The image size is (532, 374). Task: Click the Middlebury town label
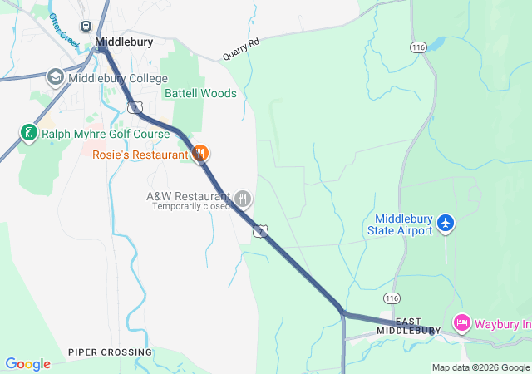[124, 41]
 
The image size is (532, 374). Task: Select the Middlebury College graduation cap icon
[56, 78]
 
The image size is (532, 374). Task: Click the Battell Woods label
[200, 93]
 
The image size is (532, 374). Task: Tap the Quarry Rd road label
[241, 51]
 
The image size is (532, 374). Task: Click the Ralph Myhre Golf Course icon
[28, 133]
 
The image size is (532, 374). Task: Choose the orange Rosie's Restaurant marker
[199, 154]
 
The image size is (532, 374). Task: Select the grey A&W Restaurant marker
[243, 199]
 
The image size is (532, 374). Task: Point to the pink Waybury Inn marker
[461, 322]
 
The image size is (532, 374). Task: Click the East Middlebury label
[407, 326]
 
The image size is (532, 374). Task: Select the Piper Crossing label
[111, 352]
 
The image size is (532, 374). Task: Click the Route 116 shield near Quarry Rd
[418, 48]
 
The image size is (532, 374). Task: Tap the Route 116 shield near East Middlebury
[392, 297]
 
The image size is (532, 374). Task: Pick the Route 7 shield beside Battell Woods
[134, 107]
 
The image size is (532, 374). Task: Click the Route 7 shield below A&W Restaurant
[261, 230]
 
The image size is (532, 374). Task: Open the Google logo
[27, 364]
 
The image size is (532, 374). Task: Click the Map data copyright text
[480, 367]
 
